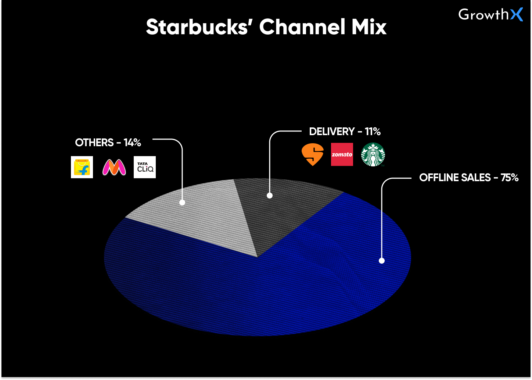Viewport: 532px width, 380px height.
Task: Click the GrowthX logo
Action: [x=490, y=15]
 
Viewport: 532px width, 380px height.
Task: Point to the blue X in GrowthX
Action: [x=516, y=15]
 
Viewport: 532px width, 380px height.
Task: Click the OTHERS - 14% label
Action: [x=108, y=143]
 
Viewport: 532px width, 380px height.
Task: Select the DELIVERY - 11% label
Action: [x=345, y=131]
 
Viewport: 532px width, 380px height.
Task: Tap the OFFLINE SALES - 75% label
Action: [x=469, y=177]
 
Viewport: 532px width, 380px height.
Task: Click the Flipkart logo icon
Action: [x=82, y=167]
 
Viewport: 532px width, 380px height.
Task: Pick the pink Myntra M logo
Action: [x=114, y=167]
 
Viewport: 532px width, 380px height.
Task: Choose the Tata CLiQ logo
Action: [x=145, y=167]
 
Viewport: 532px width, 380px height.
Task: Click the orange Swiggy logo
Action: [x=313, y=154]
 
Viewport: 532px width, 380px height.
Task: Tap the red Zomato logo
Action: [x=342, y=154]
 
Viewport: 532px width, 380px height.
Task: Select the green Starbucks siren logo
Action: [x=373, y=155]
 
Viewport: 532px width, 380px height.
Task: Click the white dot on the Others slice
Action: [x=182, y=202]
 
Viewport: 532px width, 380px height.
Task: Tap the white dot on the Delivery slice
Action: [x=270, y=196]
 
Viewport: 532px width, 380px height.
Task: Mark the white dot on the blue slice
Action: [x=382, y=261]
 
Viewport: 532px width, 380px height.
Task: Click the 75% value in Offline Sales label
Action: [x=509, y=177]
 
